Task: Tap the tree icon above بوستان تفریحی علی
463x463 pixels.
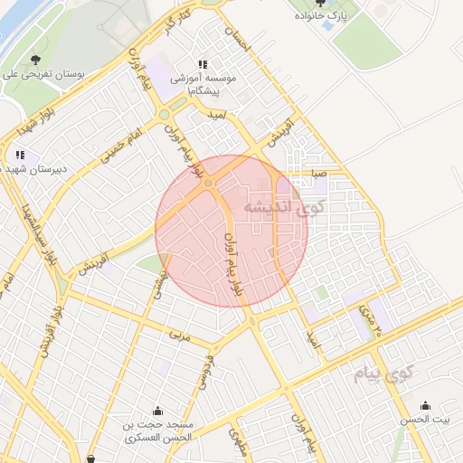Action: pos(35,60)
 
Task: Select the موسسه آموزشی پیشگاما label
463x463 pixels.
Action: pos(209,85)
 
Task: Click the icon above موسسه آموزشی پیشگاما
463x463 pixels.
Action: pos(203,64)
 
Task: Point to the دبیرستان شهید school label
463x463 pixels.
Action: pos(33,169)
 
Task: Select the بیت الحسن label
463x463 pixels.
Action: pos(426,420)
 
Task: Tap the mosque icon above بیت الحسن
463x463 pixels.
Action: pos(426,405)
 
